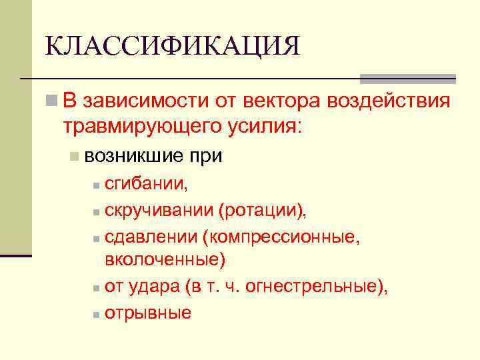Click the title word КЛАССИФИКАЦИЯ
coord(173,47)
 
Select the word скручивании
coord(157,211)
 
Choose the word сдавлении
coord(151,237)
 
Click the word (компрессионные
coord(283,237)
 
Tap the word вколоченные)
coord(165,260)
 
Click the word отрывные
coord(148,313)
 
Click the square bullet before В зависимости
coord(51,101)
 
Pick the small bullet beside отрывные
coord(97,314)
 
